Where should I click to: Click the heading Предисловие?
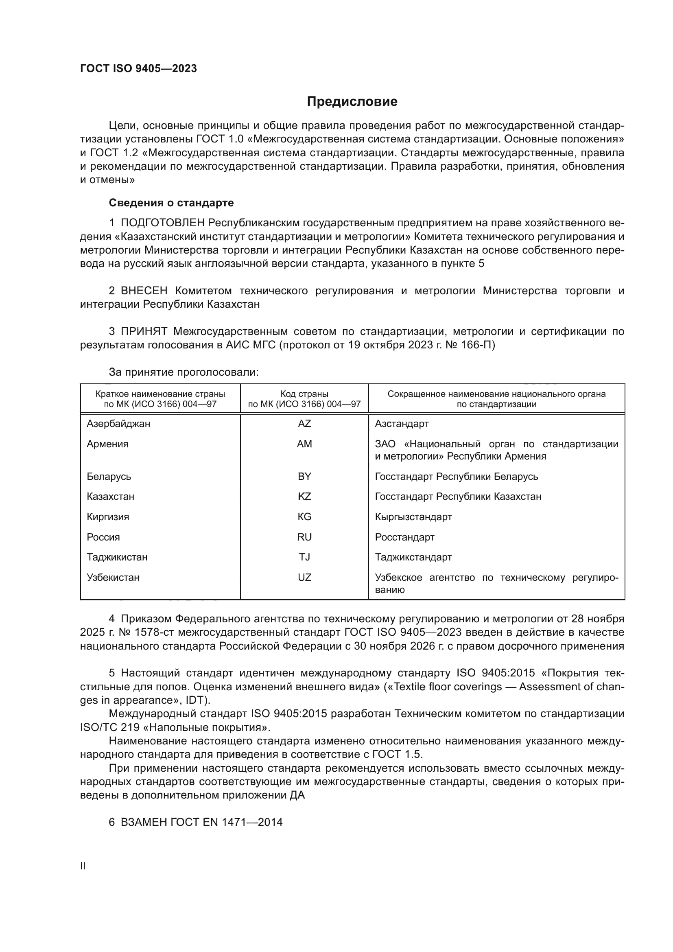(x=352, y=102)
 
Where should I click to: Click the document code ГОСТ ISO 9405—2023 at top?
(x=138, y=69)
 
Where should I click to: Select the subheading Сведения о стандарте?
(x=171, y=203)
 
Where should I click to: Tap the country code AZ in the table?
(x=304, y=424)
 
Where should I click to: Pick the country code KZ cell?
(x=304, y=496)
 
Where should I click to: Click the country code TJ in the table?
(x=304, y=557)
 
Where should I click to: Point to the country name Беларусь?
(x=109, y=477)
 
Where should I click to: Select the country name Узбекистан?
(x=113, y=577)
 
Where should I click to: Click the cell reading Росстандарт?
(x=404, y=537)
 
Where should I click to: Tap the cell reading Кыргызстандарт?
(x=413, y=516)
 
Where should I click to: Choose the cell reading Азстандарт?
(x=402, y=424)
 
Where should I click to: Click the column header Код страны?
(x=304, y=394)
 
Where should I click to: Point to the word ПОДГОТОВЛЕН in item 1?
(x=162, y=223)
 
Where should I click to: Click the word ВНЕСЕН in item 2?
(x=144, y=291)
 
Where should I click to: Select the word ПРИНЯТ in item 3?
(x=144, y=331)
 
